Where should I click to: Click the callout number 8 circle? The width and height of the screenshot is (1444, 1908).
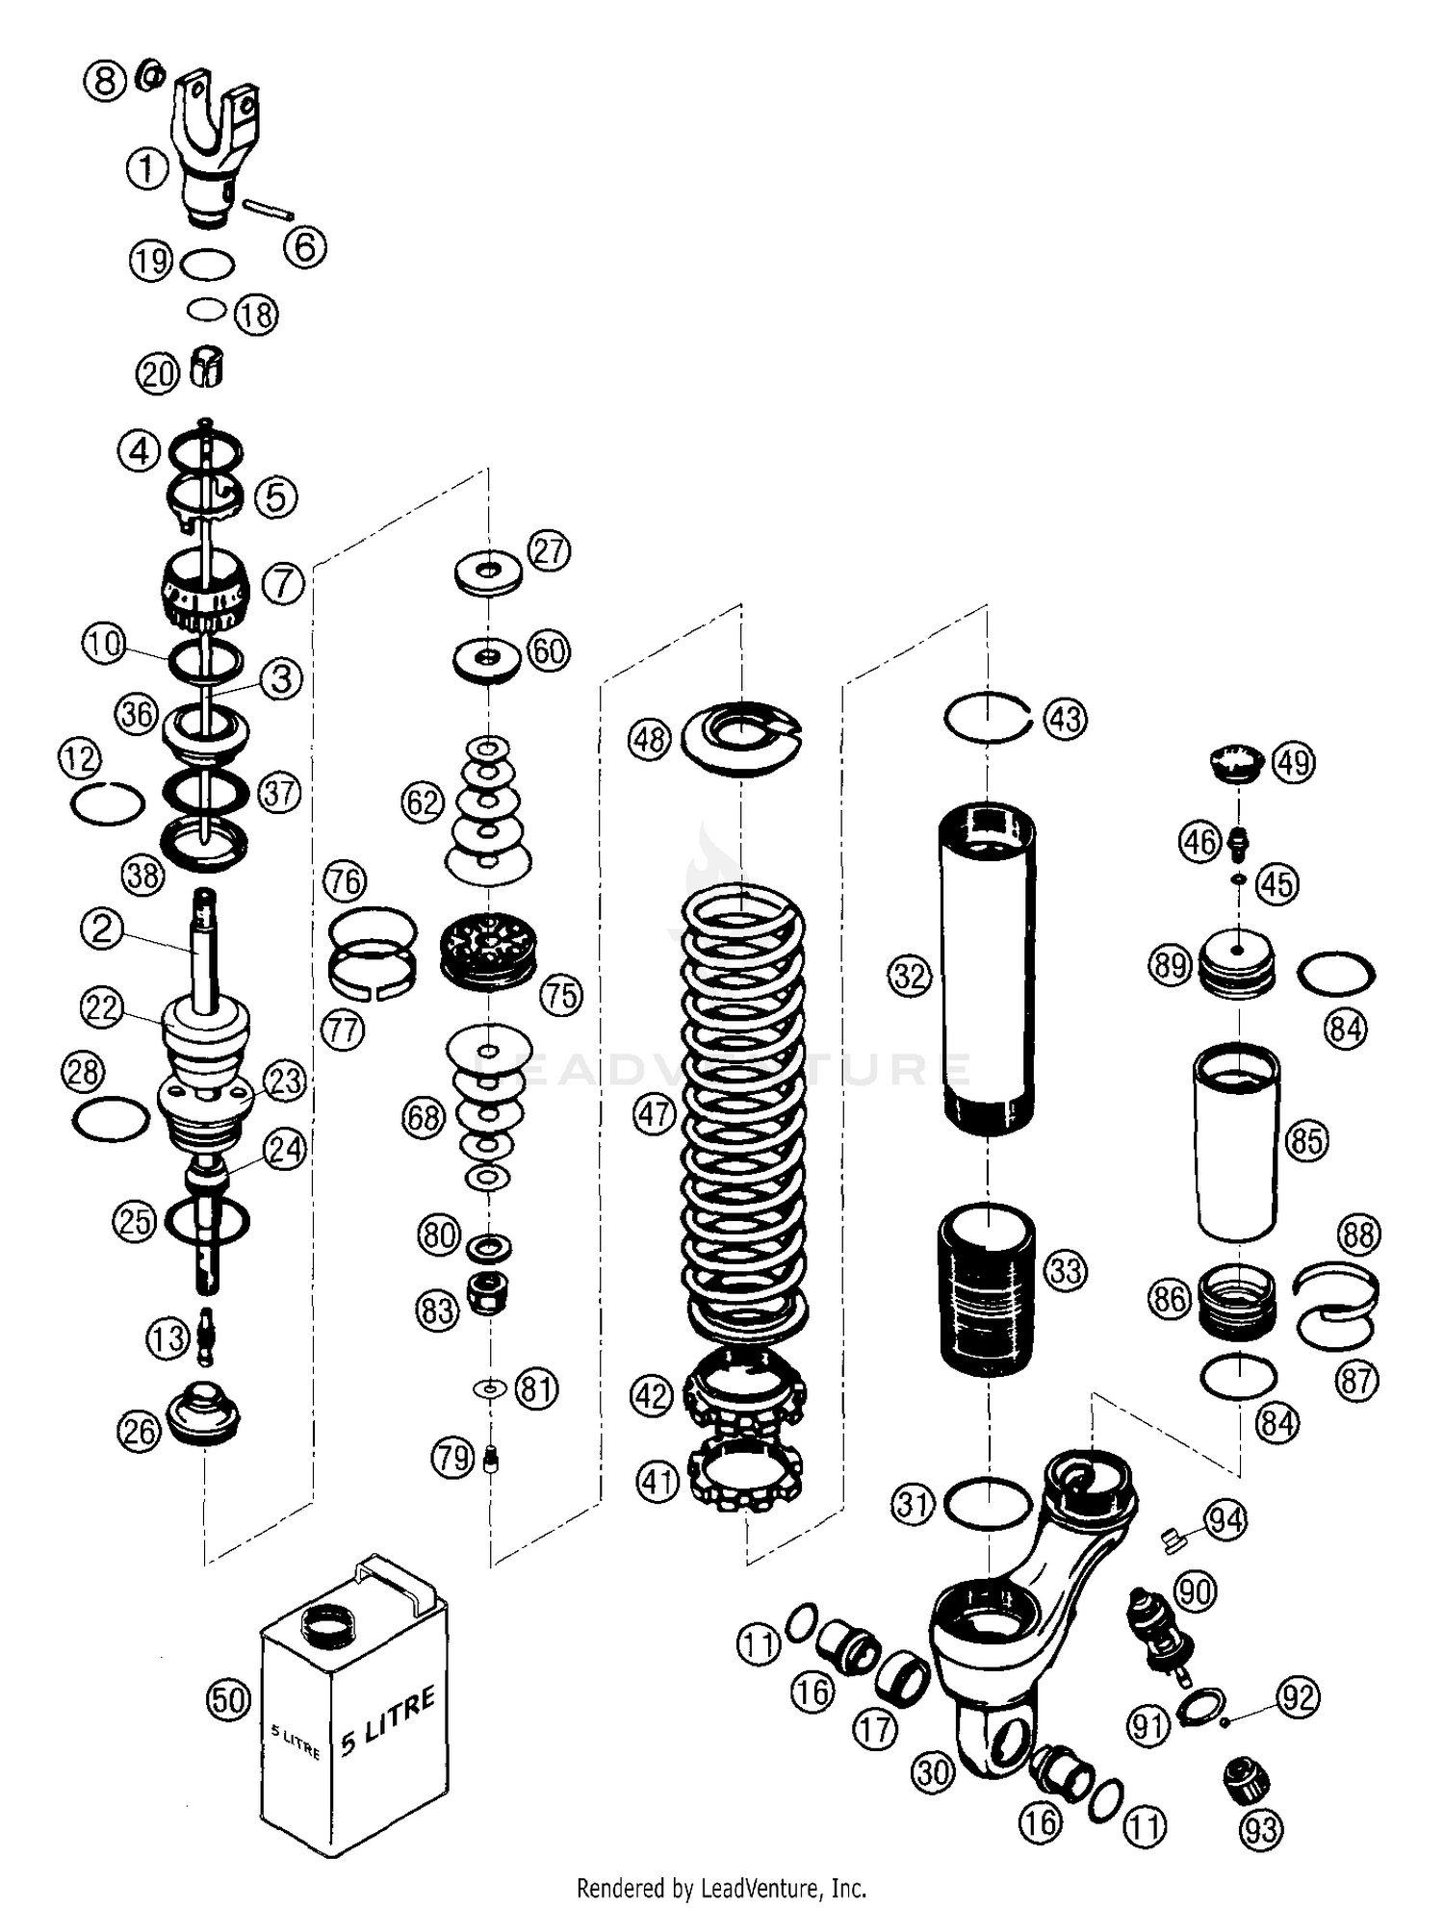click(x=105, y=80)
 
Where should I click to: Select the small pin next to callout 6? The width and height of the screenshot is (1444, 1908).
click(x=269, y=209)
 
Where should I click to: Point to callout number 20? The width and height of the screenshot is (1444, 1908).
click(x=158, y=373)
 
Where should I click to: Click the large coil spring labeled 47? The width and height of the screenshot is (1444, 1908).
click(x=743, y=1107)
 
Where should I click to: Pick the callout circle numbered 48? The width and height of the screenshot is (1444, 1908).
click(x=650, y=740)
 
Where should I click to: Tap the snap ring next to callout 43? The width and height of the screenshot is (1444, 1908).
click(x=987, y=717)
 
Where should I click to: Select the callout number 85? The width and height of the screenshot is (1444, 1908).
click(x=1306, y=1141)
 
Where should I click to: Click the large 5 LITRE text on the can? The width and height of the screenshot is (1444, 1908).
click(x=388, y=1721)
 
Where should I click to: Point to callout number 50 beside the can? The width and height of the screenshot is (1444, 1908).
click(x=229, y=1700)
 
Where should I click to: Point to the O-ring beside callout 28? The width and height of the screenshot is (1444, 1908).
click(x=112, y=1118)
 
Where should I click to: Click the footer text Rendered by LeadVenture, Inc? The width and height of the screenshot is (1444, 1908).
click(x=721, y=1888)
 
